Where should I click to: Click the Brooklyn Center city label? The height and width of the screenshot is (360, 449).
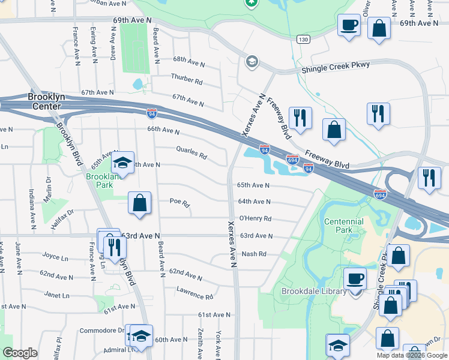(44, 101)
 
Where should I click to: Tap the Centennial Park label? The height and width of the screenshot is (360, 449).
(344, 226)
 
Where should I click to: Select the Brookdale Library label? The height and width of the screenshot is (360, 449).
(314, 292)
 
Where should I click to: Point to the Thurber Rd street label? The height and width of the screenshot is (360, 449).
(187, 78)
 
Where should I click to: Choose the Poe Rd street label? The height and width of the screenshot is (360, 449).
(179, 203)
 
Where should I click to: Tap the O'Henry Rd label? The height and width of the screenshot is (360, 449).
(255, 219)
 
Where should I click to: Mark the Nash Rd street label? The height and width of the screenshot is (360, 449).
(253, 254)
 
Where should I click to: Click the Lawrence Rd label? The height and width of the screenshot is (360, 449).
(195, 293)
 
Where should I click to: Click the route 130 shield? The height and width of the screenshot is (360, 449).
(304, 40)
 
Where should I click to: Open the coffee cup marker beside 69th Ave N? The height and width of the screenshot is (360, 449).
(349, 25)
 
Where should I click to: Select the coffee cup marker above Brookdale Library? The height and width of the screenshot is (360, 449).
(355, 278)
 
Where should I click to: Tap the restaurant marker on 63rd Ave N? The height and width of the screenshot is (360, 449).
(113, 247)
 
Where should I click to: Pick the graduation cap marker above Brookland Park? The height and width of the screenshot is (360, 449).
(122, 163)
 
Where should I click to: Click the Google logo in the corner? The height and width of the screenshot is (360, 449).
(20, 353)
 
